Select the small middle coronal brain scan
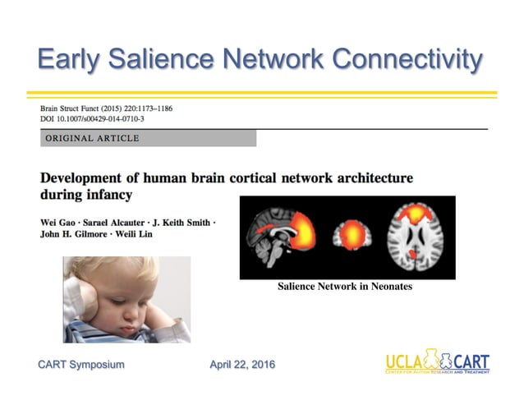(x=353, y=237)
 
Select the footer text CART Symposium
(x=81, y=364)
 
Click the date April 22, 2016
(x=242, y=364)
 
